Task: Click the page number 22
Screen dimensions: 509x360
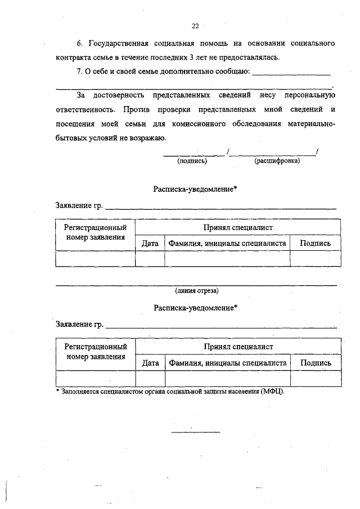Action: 195,25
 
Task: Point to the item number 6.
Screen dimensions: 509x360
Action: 80,43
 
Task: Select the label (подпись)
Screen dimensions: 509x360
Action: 192,161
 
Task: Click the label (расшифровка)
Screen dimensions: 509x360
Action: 277,161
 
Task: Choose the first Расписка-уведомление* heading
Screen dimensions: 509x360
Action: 195,190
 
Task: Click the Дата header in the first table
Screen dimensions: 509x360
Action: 150,244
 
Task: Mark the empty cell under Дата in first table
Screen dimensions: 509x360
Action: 150,259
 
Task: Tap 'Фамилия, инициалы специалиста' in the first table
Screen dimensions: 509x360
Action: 227,244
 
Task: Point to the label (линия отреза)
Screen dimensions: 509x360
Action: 196,291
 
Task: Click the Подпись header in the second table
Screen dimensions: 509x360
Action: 316,363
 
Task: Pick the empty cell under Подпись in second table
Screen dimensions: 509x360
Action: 316,379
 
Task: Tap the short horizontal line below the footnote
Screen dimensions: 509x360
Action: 195,432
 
